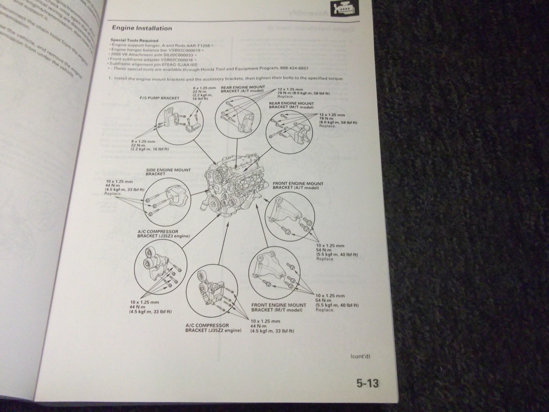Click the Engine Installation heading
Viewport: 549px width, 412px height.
(x=142, y=28)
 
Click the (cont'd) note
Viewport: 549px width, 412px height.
(x=360, y=356)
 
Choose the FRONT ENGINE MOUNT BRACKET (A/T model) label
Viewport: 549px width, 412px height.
(x=298, y=185)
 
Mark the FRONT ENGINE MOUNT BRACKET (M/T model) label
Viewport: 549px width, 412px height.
(x=279, y=307)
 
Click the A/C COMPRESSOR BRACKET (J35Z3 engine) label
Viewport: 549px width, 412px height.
(x=163, y=233)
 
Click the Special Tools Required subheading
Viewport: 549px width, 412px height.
(x=134, y=40)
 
